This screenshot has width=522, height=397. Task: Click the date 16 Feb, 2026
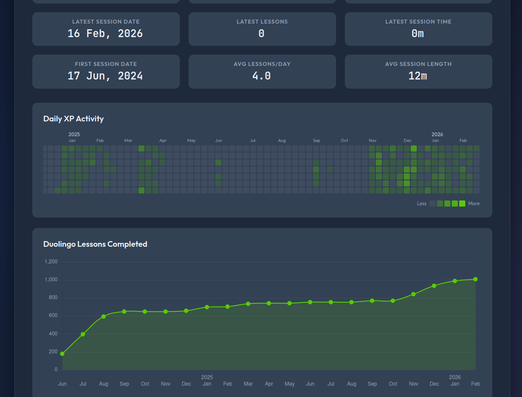[x=105, y=34]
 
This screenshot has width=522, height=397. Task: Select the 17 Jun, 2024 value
[x=105, y=76]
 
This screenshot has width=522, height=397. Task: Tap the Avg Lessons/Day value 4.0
[x=261, y=76]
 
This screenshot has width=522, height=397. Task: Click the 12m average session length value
[x=418, y=76]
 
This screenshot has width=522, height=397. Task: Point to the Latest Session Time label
[x=418, y=22]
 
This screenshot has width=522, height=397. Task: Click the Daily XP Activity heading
[x=73, y=119]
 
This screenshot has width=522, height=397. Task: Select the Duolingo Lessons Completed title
[x=95, y=244]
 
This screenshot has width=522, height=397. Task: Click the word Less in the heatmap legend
[x=422, y=204]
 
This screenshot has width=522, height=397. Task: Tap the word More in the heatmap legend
[x=474, y=204]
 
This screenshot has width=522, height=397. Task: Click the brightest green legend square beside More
[x=462, y=204]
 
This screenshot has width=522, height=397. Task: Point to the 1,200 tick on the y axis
[x=51, y=262]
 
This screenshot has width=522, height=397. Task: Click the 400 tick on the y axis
[x=53, y=334]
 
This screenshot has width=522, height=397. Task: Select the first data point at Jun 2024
[x=62, y=354]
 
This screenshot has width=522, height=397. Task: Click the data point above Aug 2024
[x=103, y=317]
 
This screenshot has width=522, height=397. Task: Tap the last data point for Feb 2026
[x=475, y=279]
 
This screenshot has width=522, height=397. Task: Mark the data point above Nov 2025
[x=413, y=294]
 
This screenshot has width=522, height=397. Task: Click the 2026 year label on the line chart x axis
[x=455, y=377]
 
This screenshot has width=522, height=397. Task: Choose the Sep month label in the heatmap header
[x=316, y=141]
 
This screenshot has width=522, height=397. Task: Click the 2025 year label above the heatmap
[x=74, y=135]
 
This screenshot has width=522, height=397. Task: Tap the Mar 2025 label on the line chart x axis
[x=248, y=384]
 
